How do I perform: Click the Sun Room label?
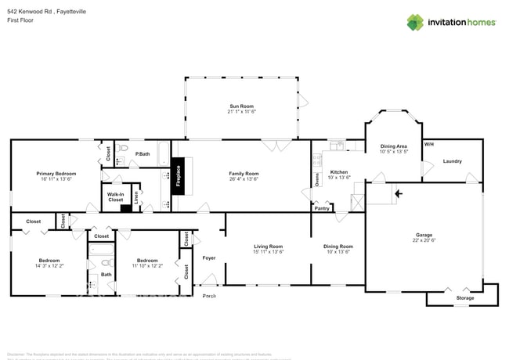(242, 106)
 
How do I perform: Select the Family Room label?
(244, 174)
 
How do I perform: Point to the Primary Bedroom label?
(56, 174)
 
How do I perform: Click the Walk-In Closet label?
(116, 196)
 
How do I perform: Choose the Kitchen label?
(339, 172)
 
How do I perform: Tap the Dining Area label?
(393, 146)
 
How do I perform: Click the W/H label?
(428, 145)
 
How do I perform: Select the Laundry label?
(453, 162)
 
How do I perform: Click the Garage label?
(424, 235)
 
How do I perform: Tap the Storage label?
(465, 298)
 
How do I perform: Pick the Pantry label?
(322, 208)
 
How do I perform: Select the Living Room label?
(268, 247)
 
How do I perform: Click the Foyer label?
(209, 257)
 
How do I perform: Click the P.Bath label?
(143, 154)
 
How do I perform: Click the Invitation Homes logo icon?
(414, 22)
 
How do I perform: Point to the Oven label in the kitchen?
(317, 179)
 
